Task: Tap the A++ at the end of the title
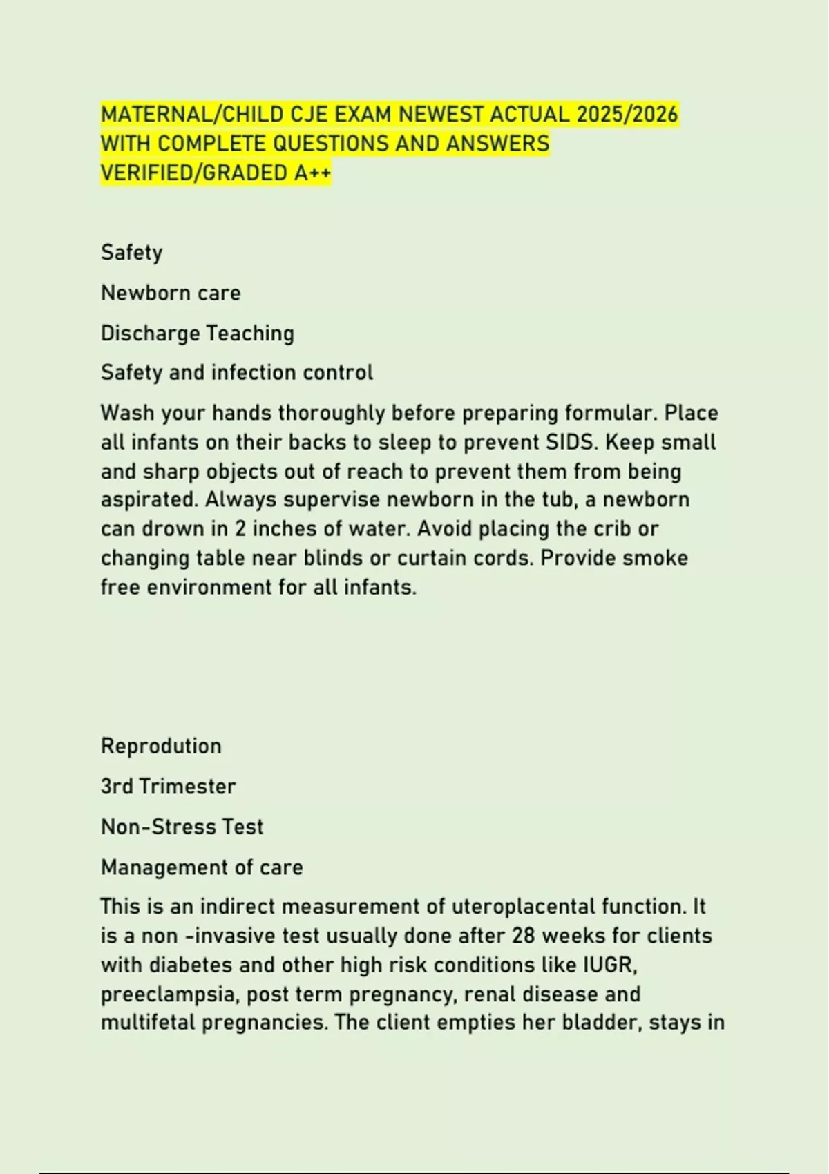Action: pos(313,173)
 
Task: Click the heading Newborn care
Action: pos(171,293)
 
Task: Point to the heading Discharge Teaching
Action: pos(198,333)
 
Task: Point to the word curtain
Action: pos(432,558)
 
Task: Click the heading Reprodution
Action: pos(161,746)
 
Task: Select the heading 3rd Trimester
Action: pos(168,786)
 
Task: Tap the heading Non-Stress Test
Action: pos(182,827)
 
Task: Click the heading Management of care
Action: pos(202,867)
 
